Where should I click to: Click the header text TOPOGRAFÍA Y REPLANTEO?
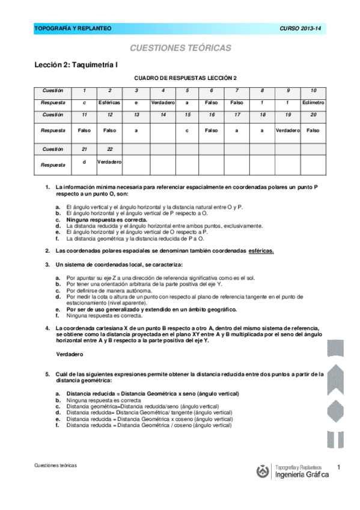coord(73,28)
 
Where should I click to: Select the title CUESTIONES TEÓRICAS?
coord(180,48)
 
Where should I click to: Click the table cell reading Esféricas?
coord(109,103)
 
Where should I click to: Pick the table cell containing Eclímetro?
coord(313,103)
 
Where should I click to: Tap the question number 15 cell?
coord(188,114)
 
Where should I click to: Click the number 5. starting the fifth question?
coord(47,374)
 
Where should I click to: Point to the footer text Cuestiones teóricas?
coord(56,465)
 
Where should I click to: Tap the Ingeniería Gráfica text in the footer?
coord(301,475)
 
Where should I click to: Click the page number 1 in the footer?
coord(339,467)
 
